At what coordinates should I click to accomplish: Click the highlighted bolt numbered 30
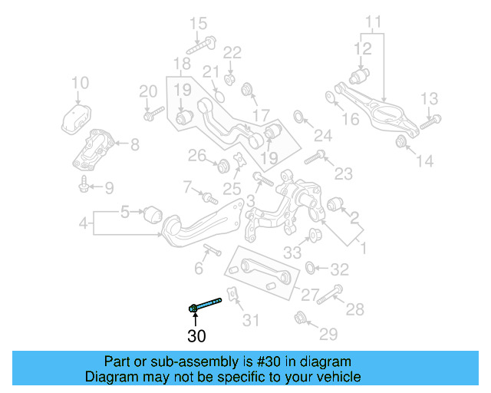(206, 305)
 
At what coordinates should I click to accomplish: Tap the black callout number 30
(196, 335)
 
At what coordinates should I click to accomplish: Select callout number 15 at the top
(198, 23)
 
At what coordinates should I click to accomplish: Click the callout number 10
(80, 83)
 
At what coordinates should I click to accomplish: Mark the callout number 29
(328, 334)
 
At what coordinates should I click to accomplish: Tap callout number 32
(339, 269)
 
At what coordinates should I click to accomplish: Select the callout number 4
(83, 225)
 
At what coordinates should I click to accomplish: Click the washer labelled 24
(299, 117)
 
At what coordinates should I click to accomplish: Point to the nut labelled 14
(400, 141)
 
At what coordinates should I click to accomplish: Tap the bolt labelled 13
(430, 120)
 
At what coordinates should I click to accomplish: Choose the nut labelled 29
(302, 316)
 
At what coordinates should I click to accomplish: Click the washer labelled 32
(311, 268)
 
